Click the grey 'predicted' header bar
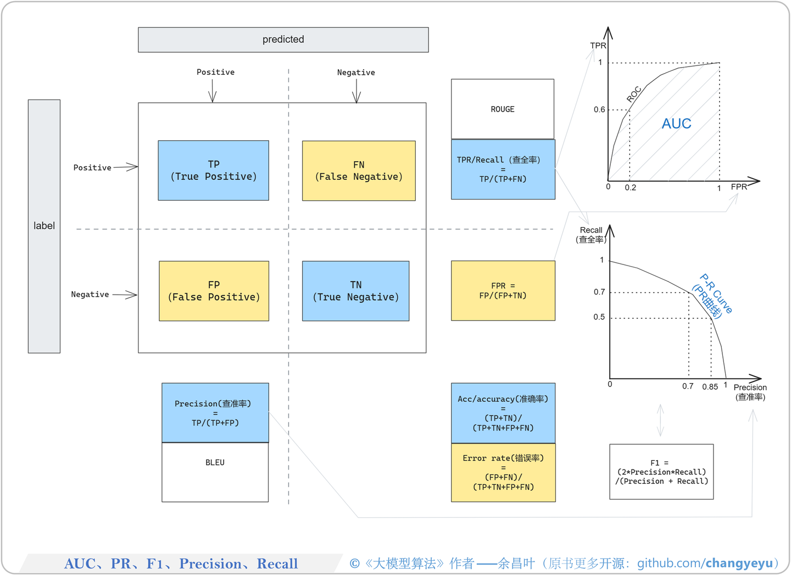(x=283, y=40)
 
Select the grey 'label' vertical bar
(x=44, y=226)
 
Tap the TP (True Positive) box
(x=213, y=170)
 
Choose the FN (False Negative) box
(x=359, y=170)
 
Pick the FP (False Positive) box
(x=214, y=291)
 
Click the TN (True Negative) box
(x=355, y=291)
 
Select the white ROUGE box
(x=503, y=109)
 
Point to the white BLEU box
(x=215, y=472)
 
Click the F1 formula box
(x=661, y=472)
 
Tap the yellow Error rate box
(x=503, y=472)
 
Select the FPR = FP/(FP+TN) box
(x=503, y=290)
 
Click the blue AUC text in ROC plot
(x=676, y=124)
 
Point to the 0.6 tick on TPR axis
(x=599, y=109)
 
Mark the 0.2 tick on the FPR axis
(x=631, y=187)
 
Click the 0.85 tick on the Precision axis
(x=710, y=386)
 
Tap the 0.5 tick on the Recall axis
(x=599, y=317)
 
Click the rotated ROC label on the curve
(x=634, y=94)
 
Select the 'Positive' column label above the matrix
(x=215, y=72)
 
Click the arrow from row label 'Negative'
(x=125, y=295)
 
